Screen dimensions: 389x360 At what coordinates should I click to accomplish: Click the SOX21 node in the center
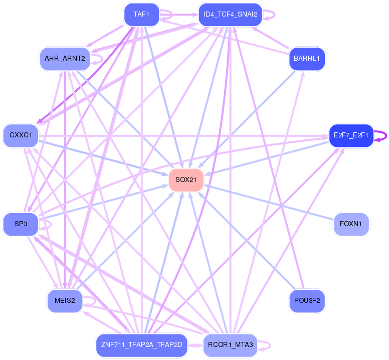point(186,180)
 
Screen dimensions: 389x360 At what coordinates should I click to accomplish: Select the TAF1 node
point(142,15)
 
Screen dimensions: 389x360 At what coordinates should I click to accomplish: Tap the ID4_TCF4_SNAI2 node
point(231,15)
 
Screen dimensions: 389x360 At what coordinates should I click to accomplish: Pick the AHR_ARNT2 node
point(65,59)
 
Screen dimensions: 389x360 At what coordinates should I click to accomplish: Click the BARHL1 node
point(307,59)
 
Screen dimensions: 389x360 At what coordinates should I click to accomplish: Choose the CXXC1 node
point(21,135)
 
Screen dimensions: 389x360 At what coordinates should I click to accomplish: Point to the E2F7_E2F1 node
point(351,135)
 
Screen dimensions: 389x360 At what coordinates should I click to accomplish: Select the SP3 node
point(21,224)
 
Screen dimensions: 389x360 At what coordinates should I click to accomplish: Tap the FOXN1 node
point(351,224)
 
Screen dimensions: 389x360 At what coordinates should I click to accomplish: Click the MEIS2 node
point(65,301)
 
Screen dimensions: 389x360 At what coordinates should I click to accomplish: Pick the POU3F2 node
point(307,301)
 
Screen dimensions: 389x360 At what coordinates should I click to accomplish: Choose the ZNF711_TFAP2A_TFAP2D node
point(142,345)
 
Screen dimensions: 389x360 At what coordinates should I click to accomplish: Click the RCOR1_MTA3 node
point(231,345)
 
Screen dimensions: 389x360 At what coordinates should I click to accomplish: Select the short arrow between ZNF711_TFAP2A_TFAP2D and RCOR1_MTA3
point(195,345)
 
